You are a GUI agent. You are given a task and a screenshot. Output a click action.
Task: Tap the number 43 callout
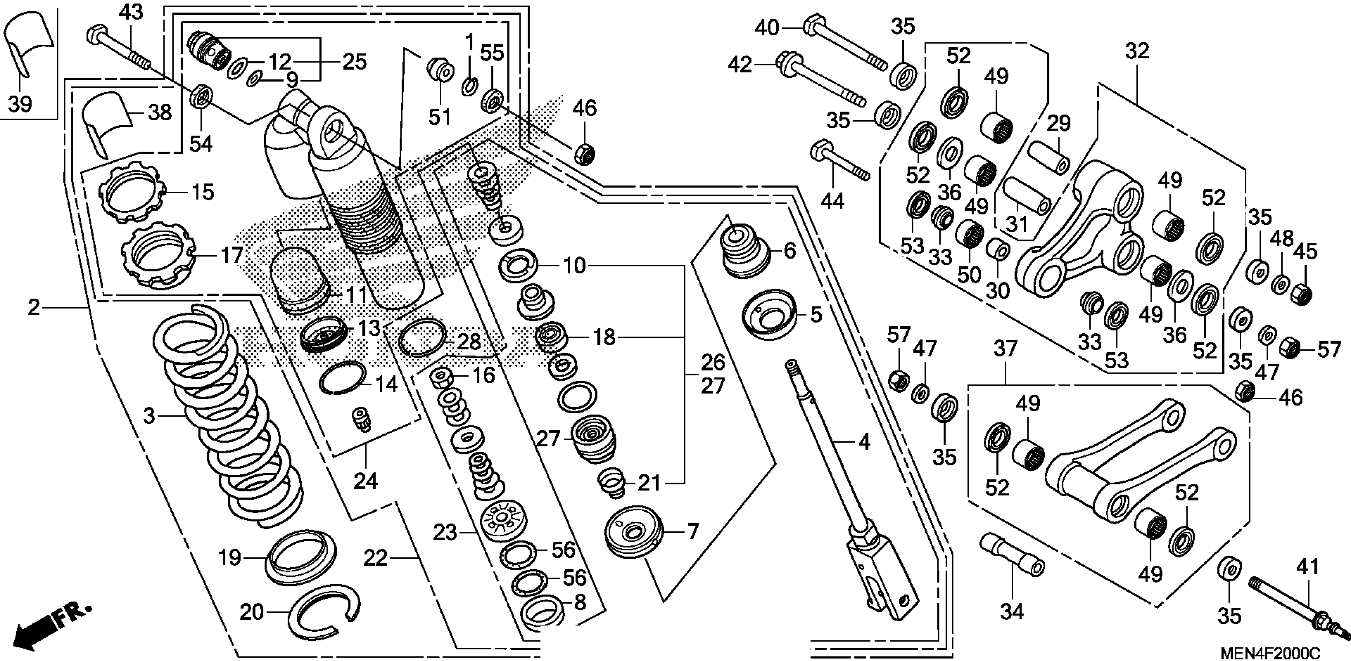click(131, 12)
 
